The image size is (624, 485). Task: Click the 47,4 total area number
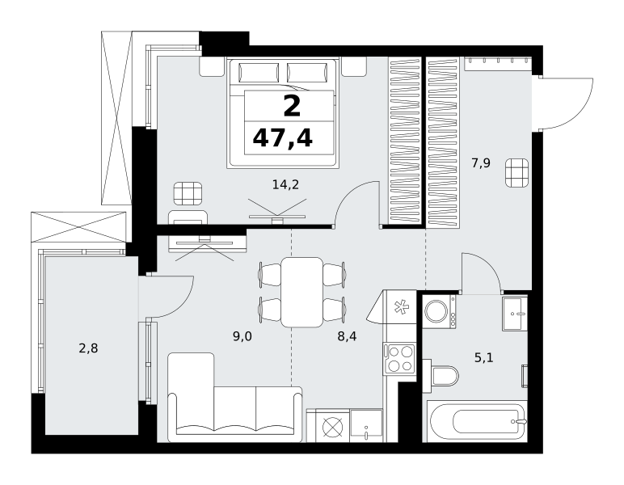point(283,138)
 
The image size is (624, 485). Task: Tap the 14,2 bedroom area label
point(285,184)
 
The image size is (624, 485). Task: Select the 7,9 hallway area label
point(481,163)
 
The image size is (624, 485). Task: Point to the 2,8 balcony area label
point(88,348)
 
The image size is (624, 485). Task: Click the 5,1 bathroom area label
point(484,357)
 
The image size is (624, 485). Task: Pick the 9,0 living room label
point(242,336)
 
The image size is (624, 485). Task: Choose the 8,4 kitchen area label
point(347,336)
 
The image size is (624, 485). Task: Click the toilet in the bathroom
point(441,375)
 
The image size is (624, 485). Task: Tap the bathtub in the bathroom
point(477,421)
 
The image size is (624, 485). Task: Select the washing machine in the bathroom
point(440,311)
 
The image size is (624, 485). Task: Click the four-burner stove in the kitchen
point(399,359)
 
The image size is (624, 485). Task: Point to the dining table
point(301,292)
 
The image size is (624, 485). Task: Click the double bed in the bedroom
point(284,113)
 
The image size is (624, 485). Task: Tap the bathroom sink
point(515,314)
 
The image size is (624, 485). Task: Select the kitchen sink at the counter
point(365,426)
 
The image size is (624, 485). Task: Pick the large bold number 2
point(292,107)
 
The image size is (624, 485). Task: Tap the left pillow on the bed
point(259,73)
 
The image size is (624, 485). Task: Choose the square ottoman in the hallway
point(517,172)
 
